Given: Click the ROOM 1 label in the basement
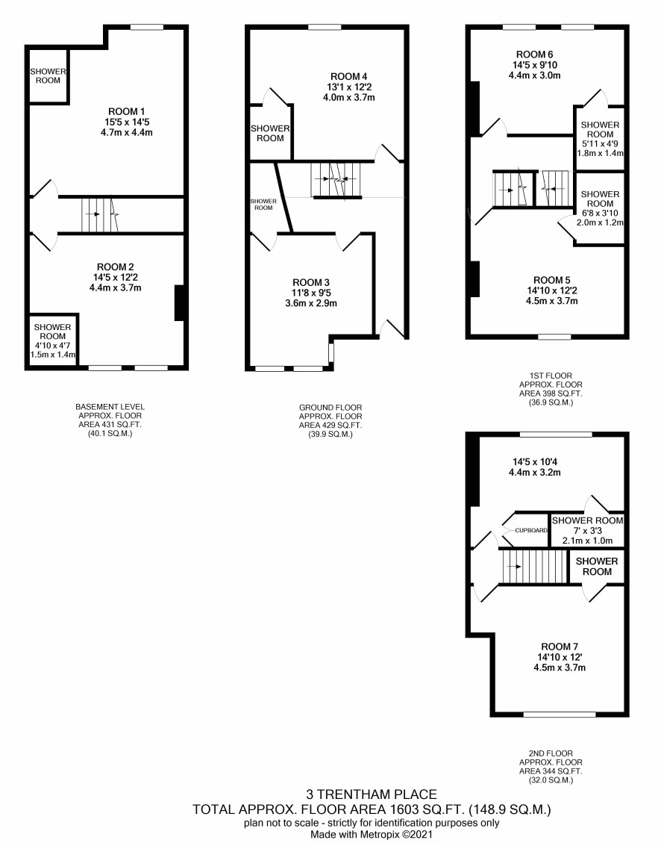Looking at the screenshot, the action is coord(127,112).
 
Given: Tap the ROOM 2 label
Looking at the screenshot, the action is coord(116,267).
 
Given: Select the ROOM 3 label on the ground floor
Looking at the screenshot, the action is coord(311,283).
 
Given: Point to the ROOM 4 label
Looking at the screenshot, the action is coord(349,77).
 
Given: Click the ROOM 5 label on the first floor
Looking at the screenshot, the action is coord(552,280).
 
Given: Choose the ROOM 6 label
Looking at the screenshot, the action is coord(534,55).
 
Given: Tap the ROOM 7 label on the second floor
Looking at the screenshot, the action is coord(560,647).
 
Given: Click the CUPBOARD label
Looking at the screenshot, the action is coord(531,530).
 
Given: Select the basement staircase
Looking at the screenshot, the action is coord(100,214).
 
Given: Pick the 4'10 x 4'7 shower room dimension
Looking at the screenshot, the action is coord(53,346).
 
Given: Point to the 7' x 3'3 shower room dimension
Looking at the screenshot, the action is coord(587,531).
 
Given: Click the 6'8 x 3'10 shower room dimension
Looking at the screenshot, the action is coord(600,213).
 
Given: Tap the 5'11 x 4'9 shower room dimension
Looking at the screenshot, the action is coord(600,144).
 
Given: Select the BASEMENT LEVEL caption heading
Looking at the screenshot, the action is coord(110,407).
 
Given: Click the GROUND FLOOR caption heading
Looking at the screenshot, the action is coord(330,408).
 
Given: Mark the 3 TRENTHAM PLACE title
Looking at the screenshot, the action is coord(372,794).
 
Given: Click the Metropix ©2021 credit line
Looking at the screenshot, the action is coord(372,834).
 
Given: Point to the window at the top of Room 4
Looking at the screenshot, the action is coord(325,28).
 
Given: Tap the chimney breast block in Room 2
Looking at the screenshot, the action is coord(180,302).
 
